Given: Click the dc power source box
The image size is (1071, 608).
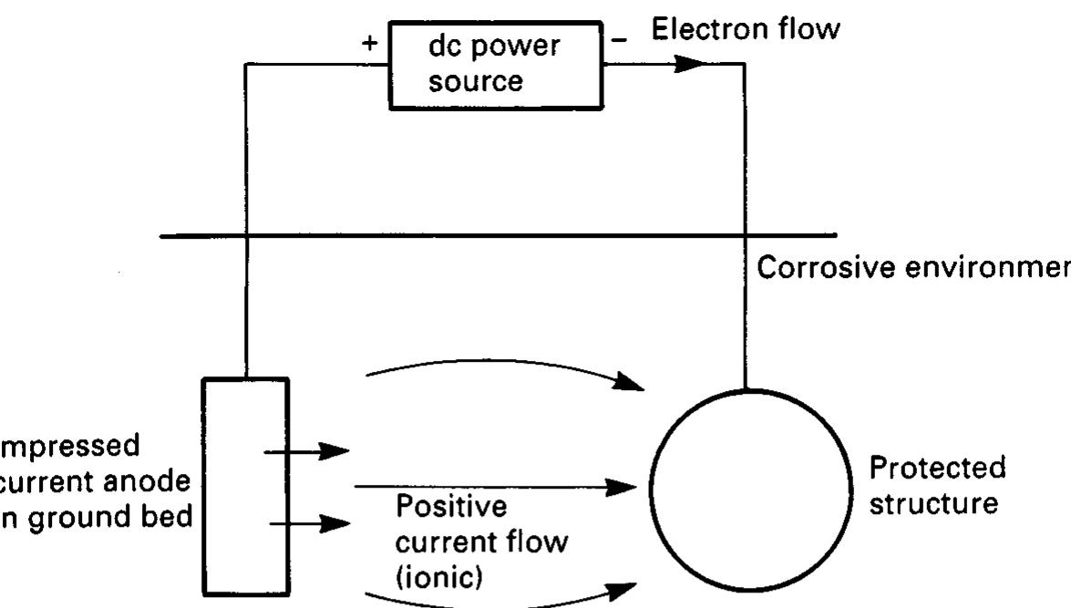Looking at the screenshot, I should pos(496,65).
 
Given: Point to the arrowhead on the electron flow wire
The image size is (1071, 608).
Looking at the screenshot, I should pos(692,65).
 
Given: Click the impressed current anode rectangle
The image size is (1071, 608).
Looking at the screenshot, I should pos(244,487).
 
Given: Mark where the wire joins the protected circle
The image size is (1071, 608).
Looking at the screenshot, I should pos(745,390).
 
